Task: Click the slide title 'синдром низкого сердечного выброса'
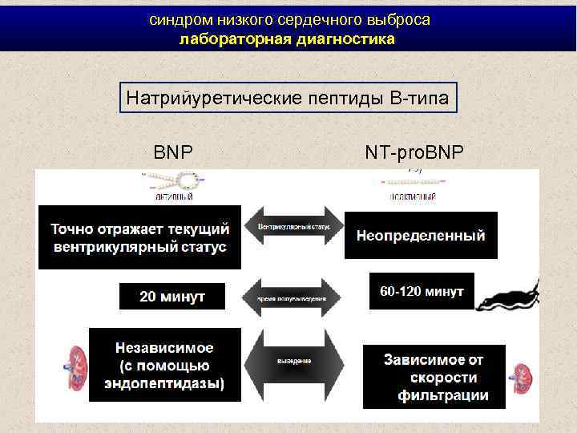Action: coord(289,20)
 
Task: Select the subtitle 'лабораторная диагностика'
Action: coord(287,38)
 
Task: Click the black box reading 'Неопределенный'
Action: coord(421,236)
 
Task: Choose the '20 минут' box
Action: coord(172,296)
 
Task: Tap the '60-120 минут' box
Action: coord(422,291)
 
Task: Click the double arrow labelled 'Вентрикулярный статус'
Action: coord(293,229)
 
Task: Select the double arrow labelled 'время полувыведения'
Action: coord(293,297)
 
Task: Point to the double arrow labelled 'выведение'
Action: coord(294,362)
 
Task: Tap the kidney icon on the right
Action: coord(522,376)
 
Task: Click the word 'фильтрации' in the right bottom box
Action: coord(443,395)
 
